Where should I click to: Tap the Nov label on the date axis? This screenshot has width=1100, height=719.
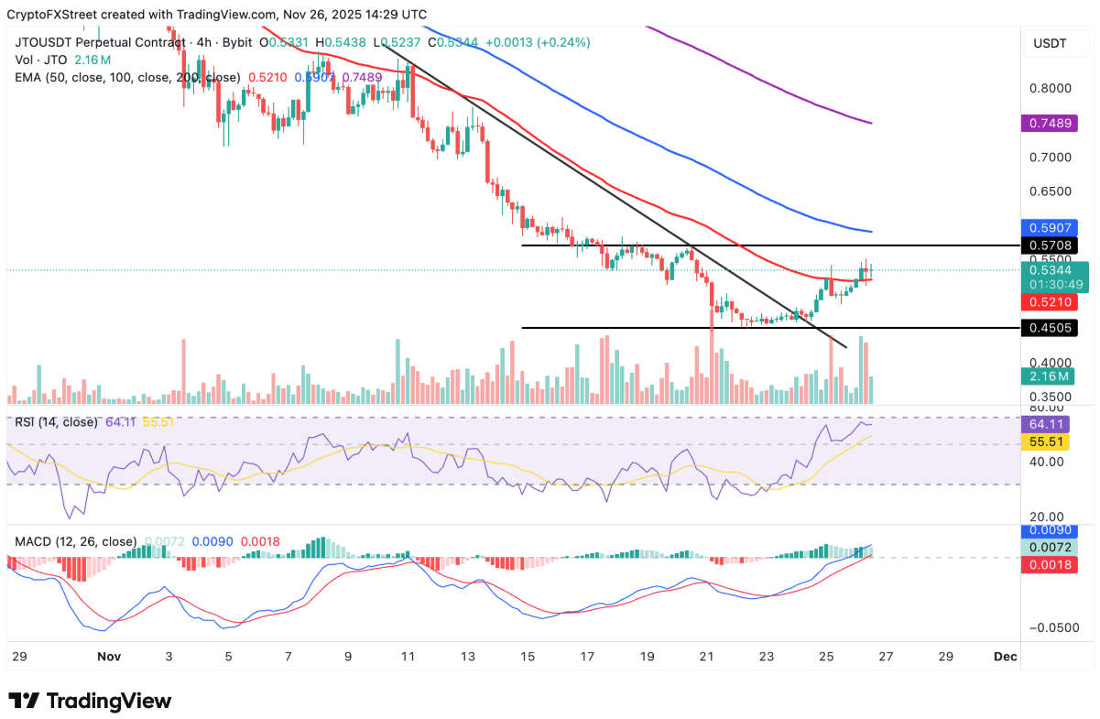coord(108,657)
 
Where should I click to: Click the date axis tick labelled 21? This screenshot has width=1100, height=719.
coord(707,657)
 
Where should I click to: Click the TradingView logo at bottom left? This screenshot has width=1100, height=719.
coord(90,701)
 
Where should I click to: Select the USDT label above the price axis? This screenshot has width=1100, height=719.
coord(1051,43)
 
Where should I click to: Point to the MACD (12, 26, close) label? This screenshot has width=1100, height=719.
coord(76,541)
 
